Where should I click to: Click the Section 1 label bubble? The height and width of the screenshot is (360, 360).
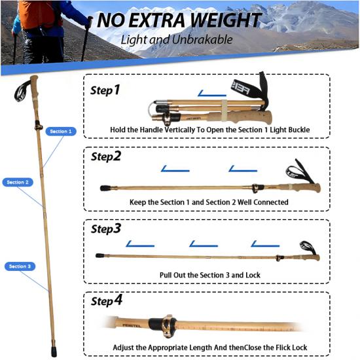tap(61, 132)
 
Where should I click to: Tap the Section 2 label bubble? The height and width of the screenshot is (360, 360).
tap(18, 183)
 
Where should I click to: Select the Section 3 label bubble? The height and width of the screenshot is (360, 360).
tap(20, 266)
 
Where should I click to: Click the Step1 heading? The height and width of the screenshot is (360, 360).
tap(105, 90)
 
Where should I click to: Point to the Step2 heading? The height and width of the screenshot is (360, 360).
tap(106, 156)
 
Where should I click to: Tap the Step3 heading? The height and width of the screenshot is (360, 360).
tap(106, 228)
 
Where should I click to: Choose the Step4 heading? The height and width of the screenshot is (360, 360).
tap(107, 300)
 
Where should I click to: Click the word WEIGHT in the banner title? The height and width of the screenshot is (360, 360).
tap(226, 20)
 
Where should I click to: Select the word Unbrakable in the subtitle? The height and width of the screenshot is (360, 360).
tap(202, 39)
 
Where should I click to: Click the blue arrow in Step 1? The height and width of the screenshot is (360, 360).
tap(211, 94)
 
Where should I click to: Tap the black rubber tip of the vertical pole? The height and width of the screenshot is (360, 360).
tap(54, 351)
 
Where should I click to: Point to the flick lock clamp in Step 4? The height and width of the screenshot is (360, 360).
tap(169, 326)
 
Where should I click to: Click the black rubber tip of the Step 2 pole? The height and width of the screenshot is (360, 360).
tap(105, 189)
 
